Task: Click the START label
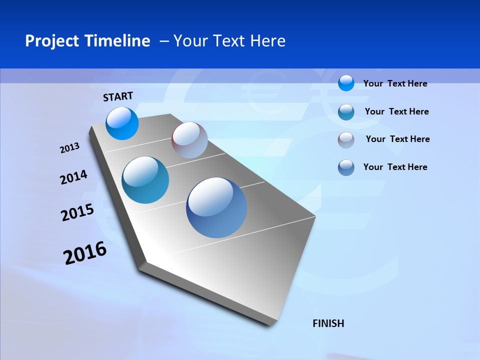coord(118,96)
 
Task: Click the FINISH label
coord(328,323)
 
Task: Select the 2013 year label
coord(70,148)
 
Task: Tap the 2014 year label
coord(73,177)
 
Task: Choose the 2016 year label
coord(85,253)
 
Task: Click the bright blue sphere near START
coord(122,123)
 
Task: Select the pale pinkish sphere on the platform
coord(189,140)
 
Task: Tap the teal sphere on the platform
coord(145,180)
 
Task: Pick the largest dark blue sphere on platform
coord(216,207)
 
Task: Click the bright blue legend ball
coord(346,83)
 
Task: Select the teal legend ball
coord(346,111)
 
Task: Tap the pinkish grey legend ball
coord(346,139)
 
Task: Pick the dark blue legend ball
coord(346,167)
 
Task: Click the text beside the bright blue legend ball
coord(395,83)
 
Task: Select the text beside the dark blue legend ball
coord(395,167)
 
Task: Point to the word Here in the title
coord(268,40)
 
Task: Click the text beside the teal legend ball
coord(396,111)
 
